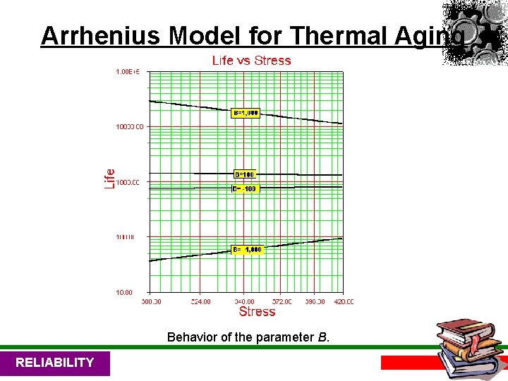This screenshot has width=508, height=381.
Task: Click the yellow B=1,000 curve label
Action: tap(246, 113)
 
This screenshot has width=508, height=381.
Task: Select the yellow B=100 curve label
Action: tap(245, 174)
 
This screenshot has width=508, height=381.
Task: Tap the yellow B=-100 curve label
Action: tap(245, 189)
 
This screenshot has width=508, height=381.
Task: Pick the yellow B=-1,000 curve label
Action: tap(247, 250)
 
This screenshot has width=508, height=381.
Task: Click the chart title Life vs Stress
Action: tap(251, 61)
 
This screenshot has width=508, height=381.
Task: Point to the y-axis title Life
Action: tap(110, 178)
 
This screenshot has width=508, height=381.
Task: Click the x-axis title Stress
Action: tap(257, 311)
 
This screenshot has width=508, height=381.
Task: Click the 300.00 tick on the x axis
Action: tap(150, 302)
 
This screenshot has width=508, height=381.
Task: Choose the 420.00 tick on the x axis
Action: tap(343, 302)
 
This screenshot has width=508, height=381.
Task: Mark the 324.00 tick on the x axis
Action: tap(200, 302)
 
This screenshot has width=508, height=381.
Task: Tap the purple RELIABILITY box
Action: tap(55, 363)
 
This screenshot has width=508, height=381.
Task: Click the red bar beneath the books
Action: tap(409, 363)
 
